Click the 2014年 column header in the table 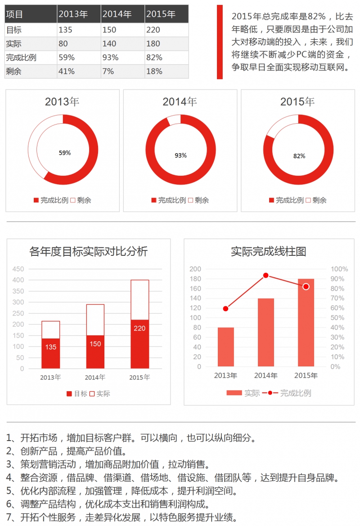pos(117,14)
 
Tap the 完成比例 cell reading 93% pos(110,58)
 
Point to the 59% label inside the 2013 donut pos(65,153)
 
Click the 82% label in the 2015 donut pos(299,156)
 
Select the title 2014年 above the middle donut pos(180,102)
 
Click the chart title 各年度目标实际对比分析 pos(88,251)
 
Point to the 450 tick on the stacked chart pos(18,269)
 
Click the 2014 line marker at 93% pos(265,276)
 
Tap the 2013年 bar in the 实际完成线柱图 pos(225,347)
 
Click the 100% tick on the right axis pos(339,269)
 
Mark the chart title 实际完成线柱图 pos(269,251)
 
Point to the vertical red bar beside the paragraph pos(220,42)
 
